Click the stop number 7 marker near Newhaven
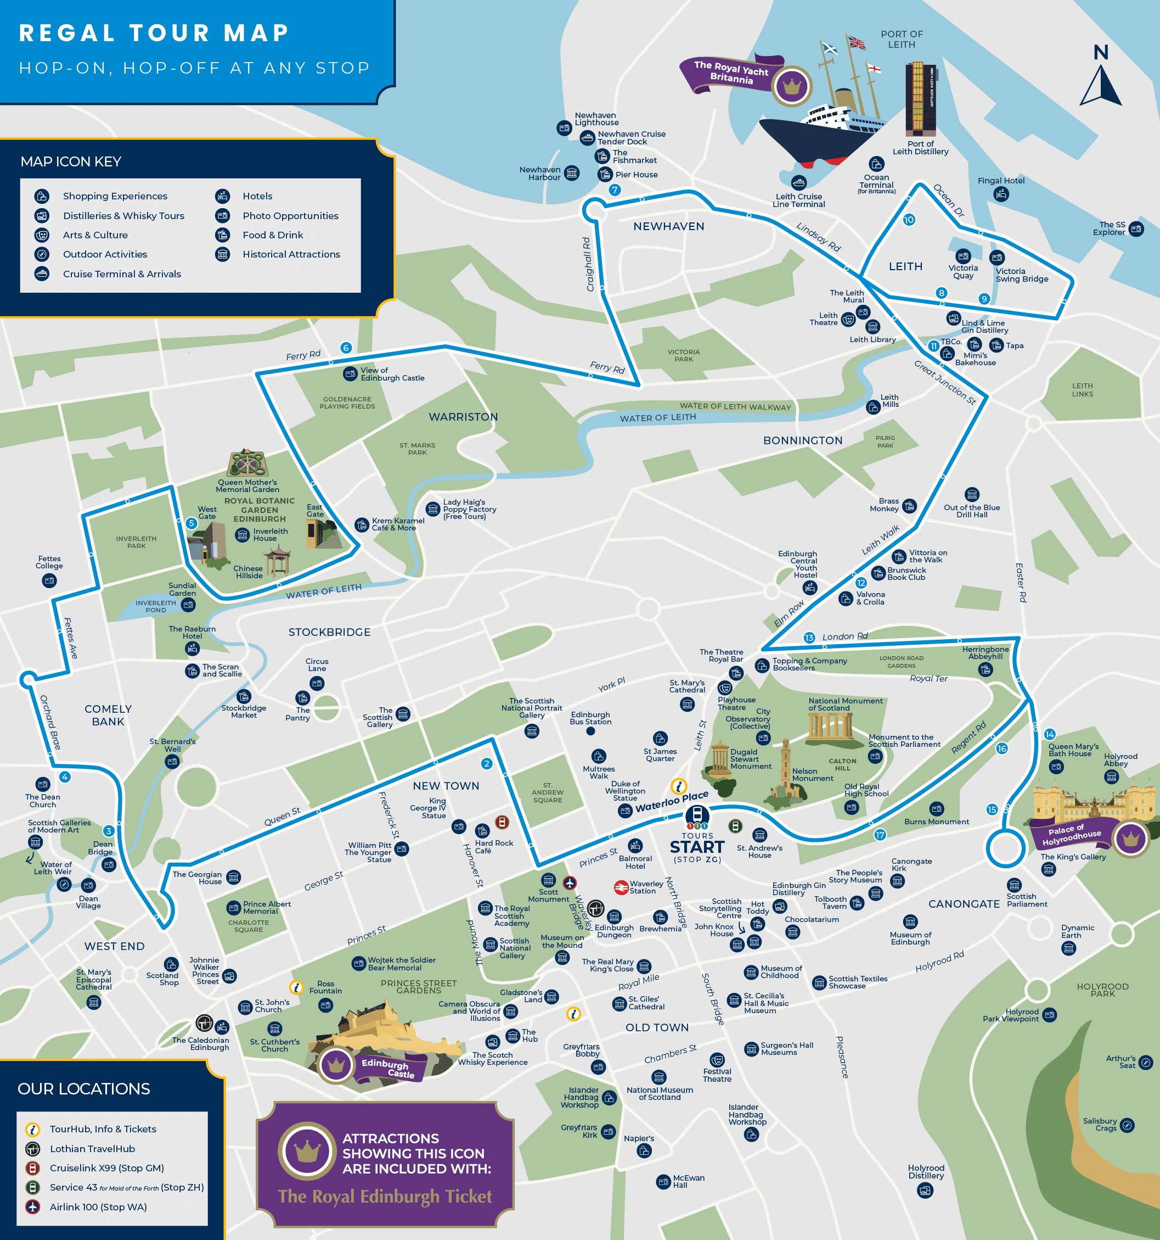click(615, 189)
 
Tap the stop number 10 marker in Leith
click(909, 220)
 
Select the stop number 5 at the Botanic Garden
click(192, 523)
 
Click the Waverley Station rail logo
click(621, 887)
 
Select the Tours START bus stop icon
click(697, 816)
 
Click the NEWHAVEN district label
click(668, 226)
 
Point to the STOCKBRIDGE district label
click(329, 632)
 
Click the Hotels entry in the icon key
click(257, 196)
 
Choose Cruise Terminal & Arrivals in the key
click(122, 274)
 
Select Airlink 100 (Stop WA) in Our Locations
click(98, 1207)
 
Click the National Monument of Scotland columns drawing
click(830, 727)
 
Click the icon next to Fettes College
click(49, 580)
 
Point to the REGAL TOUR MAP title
click(154, 32)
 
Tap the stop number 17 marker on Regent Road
click(880, 835)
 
